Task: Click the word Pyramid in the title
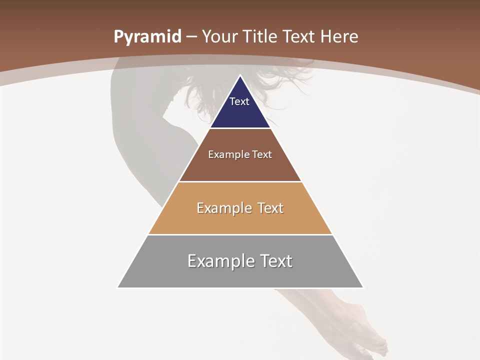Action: click(x=147, y=37)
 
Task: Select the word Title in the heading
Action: click(x=260, y=37)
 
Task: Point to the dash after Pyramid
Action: click(x=191, y=37)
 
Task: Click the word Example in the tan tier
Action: click(x=223, y=208)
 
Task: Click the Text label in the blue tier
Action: click(x=239, y=101)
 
